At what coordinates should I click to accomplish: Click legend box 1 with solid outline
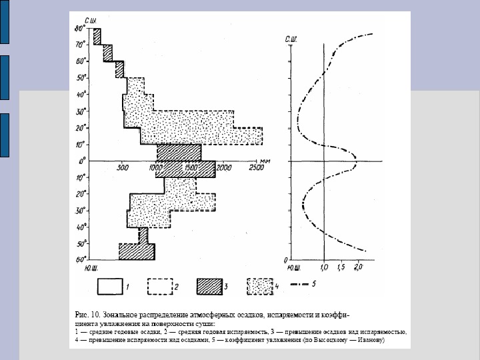tap(113, 286)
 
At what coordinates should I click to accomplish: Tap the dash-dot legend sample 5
tap(304, 285)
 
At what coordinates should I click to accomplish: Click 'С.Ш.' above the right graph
tap(291, 40)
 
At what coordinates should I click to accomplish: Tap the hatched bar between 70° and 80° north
tap(97, 37)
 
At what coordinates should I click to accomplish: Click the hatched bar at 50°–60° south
tap(137, 252)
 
